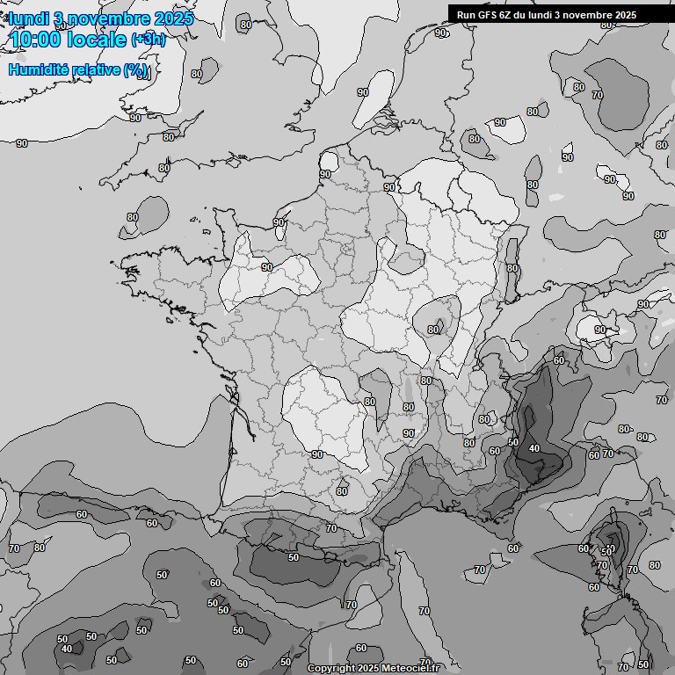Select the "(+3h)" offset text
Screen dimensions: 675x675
click(149, 40)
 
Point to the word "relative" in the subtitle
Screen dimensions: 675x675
click(97, 69)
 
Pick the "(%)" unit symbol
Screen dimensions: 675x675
click(136, 70)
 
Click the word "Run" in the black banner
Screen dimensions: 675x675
click(466, 14)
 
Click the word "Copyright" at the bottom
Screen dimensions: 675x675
click(331, 668)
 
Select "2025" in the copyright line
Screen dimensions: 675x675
click(372, 668)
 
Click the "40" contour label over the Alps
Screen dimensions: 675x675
click(533, 448)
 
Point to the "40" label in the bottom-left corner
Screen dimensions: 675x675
click(67, 649)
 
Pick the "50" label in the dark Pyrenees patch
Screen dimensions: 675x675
click(294, 556)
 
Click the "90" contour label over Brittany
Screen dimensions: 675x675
click(266, 266)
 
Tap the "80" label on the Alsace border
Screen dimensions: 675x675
click(512, 268)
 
